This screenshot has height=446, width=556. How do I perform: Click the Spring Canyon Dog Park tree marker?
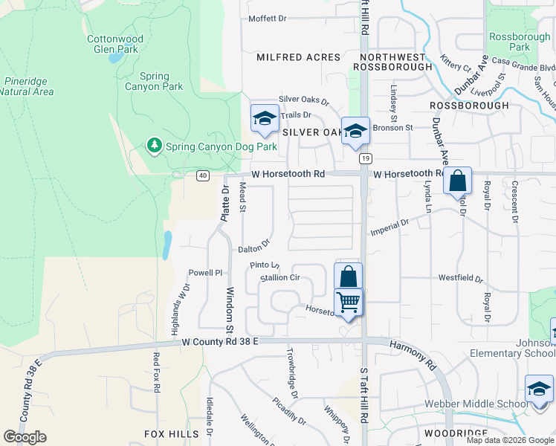pos(155,146)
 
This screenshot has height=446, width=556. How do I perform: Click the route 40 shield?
pos(202,175)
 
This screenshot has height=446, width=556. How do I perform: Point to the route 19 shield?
pos(365,158)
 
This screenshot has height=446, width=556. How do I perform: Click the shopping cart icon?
pos(348,303)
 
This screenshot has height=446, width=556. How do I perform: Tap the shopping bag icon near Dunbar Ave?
pos(458,180)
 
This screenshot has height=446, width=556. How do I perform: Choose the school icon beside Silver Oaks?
pos(265,118)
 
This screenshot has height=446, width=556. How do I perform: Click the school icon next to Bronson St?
pos(355,130)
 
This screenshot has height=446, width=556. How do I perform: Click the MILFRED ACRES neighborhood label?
pos(298,57)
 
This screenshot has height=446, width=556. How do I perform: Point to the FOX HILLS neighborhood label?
pos(172,433)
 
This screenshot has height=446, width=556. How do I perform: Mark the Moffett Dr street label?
pos(267,19)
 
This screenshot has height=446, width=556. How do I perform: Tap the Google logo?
pos(25,436)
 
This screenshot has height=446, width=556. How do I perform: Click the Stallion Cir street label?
pos(279,278)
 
